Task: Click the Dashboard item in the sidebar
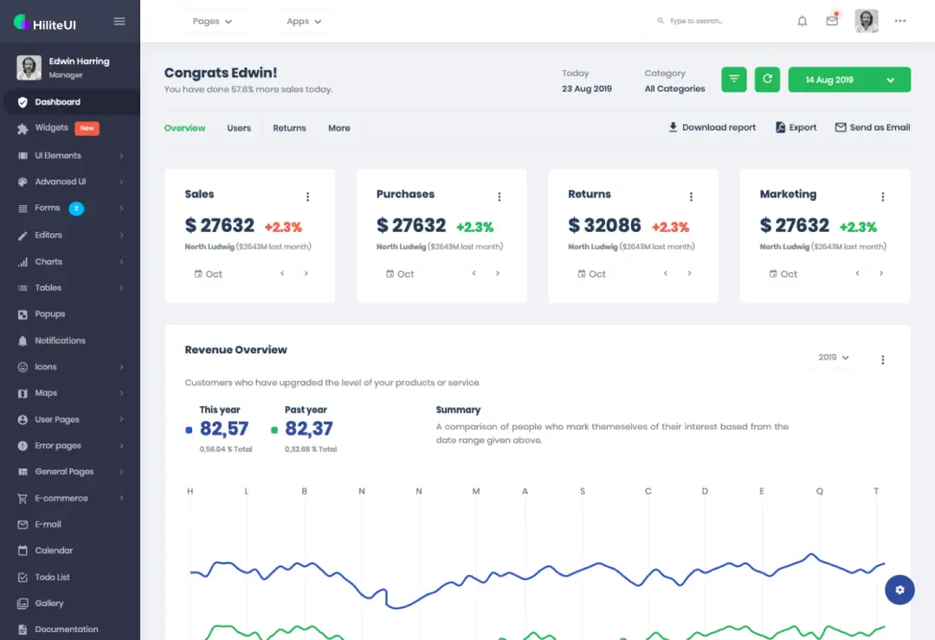pos(57,102)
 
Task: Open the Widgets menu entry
pos(51,128)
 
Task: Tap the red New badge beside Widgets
pos(87,128)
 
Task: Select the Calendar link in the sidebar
pos(54,551)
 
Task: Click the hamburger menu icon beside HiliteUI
pos(119,22)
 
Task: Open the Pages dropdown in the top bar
pos(212,22)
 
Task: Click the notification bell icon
pos(803,22)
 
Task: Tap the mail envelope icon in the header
pos(832,22)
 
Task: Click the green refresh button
pos(766,80)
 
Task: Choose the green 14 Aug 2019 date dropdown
pos(849,80)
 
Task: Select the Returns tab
pos(289,128)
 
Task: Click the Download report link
pos(712,127)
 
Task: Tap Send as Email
pos(872,127)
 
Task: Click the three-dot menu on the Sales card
pos(307,197)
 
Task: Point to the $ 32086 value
pos(604,226)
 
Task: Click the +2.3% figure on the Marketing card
pos(857,227)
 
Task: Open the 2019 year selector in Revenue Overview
pos(834,358)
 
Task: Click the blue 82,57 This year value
pos(224,429)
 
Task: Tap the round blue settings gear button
pos(900,590)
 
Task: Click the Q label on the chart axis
pos(819,491)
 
